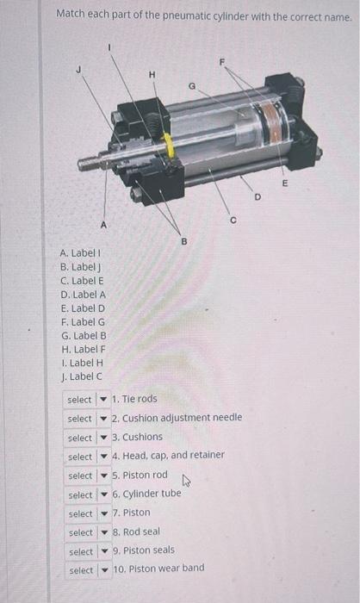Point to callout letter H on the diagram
click(x=152, y=75)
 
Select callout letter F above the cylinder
click(x=221, y=62)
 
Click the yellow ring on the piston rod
click(x=170, y=146)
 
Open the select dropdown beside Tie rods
click(x=87, y=400)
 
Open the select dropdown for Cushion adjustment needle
click(x=87, y=419)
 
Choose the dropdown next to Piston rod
click(x=87, y=476)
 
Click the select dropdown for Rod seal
click(x=87, y=532)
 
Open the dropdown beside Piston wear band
click(x=87, y=570)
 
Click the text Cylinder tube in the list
click(x=147, y=494)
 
